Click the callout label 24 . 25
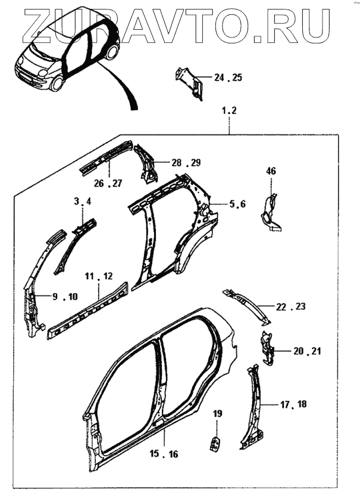coord(228,78)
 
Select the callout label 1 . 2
coord(229,111)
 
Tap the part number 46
coord(271,171)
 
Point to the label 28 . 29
coord(186,162)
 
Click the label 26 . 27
coord(108,184)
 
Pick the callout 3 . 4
coord(83,202)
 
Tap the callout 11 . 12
coord(98,276)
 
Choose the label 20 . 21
coord(306,351)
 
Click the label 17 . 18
coord(293,405)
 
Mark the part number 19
coord(217,413)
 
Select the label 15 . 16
coord(164,454)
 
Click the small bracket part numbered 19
coord(216,443)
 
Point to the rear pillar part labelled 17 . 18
coord(253,410)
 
